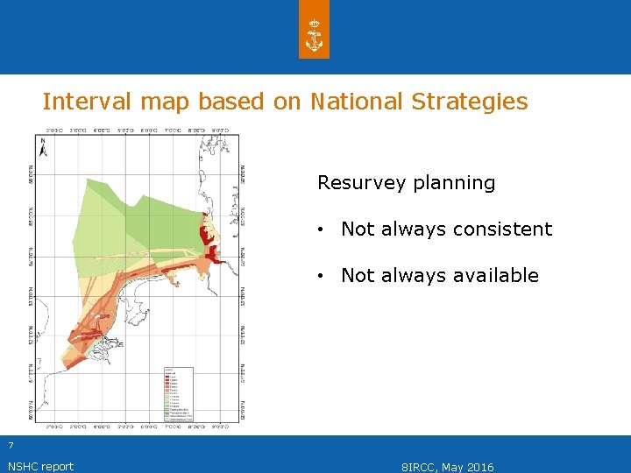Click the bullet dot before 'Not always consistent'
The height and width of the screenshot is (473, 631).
tap(323, 229)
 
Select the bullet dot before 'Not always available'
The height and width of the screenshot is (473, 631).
tap(323, 276)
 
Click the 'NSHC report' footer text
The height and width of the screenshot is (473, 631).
tap(40, 466)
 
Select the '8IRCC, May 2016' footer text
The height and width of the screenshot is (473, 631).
tap(447, 467)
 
